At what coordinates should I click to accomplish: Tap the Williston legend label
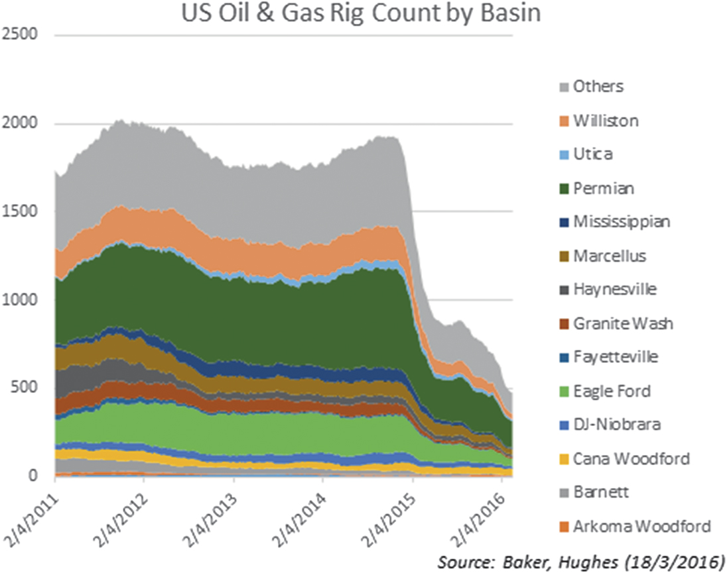pyautogui.click(x=606, y=121)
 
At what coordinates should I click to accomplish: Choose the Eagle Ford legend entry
pyautogui.click(x=612, y=391)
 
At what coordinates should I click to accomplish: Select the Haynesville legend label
pyautogui.click(x=614, y=289)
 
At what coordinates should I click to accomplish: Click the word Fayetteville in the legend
pyautogui.click(x=616, y=357)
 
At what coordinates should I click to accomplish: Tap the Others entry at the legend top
pyautogui.click(x=598, y=86)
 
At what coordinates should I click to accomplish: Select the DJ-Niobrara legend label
pyautogui.click(x=616, y=425)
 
